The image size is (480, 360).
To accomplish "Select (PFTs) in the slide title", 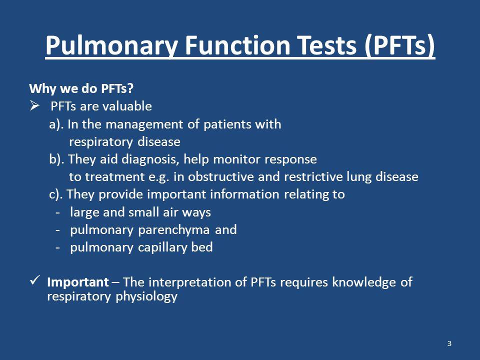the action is [x=399, y=45].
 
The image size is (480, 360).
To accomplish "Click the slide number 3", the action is [x=449, y=343].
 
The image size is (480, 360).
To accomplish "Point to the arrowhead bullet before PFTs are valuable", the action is [x=34, y=106].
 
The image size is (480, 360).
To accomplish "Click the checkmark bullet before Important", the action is [x=35, y=280].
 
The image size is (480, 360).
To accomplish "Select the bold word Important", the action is [x=78, y=282].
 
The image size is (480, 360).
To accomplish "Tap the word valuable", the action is [x=126, y=106].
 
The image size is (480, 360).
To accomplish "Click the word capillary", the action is [x=162, y=247].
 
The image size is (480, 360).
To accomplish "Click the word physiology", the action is [x=146, y=296].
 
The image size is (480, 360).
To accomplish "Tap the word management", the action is [x=152, y=125].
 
